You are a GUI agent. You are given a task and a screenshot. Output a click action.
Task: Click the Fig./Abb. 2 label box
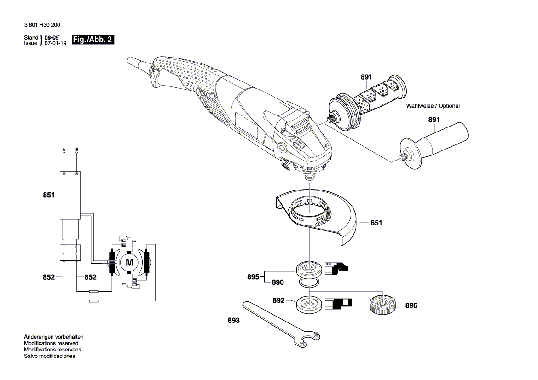tap(93, 40)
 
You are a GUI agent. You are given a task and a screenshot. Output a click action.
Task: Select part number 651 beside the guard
tap(376, 223)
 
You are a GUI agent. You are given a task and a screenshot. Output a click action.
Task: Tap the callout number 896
tap(411, 305)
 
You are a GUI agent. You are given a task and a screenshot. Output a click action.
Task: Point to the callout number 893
tap(233, 321)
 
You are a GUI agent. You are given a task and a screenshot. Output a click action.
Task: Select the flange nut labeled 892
tap(309, 304)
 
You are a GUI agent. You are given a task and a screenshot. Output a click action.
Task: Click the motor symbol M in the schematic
tap(129, 263)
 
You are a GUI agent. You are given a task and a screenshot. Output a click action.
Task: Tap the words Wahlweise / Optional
tap(433, 106)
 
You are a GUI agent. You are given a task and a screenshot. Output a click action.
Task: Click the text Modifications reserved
tap(51, 343)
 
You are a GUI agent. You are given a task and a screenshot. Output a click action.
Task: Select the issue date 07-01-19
tap(56, 43)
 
